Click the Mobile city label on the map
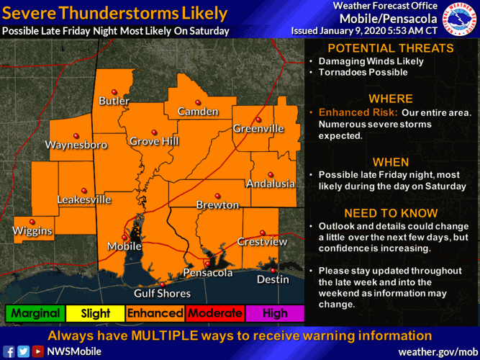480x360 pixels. [x=124, y=246]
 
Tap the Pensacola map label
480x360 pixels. [x=207, y=273]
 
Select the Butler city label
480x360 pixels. [x=114, y=101]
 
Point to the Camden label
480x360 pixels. [x=197, y=112]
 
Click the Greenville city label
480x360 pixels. [x=258, y=129]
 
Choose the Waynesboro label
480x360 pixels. [x=76, y=145]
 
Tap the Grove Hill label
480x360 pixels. [x=154, y=141]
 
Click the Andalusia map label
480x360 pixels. [x=271, y=184]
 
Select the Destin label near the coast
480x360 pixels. [x=273, y=279]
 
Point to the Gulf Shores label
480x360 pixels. [x=163, y=293]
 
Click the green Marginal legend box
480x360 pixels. [x=35, y=313]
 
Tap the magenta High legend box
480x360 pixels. [x=275, y=313]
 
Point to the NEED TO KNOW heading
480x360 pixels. [x=391, y=213]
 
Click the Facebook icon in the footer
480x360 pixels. [x=9, y=351]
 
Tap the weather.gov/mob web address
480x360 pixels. [x=434, y=351]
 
